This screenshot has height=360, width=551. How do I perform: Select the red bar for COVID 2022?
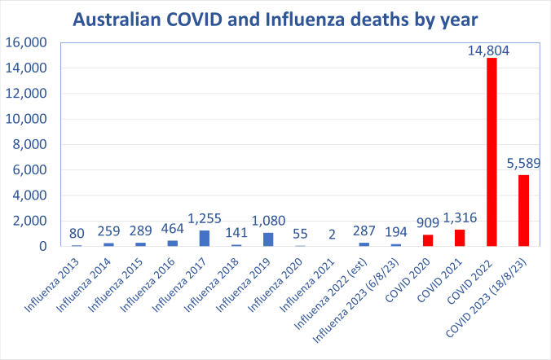pos(491,151)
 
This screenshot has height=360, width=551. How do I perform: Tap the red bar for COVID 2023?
pos(523,210)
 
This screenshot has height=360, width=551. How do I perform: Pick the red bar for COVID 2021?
pos(460,238)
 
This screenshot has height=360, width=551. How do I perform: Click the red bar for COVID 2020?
pos(428,240)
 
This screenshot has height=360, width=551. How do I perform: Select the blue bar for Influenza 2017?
pos(205,238)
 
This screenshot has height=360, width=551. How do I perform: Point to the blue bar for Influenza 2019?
pos(268,239)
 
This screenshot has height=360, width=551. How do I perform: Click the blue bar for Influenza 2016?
pos(173,243)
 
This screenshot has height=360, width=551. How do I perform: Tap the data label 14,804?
pos(491,50)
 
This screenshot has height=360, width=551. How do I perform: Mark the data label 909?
pos(427,224)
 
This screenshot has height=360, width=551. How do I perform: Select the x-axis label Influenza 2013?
pos(55,279)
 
